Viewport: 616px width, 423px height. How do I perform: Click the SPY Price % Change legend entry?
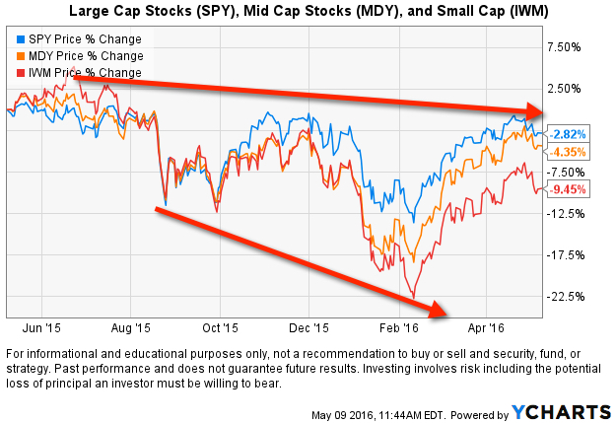point(80,40)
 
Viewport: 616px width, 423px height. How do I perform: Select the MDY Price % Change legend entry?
point(80,56)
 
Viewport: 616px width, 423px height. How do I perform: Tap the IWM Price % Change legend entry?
point(80,73)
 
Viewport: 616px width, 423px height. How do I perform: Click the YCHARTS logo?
point(567,409)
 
